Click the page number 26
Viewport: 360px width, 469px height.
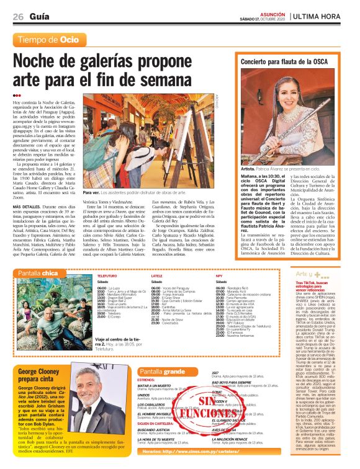[x=18, y=16]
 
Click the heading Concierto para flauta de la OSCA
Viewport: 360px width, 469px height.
[x=284, y=63]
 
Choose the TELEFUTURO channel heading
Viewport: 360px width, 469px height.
[x=106, y=275]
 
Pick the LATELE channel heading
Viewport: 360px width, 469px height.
[x=157, y=275]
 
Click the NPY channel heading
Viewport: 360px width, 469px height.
[x=219, y=275]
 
